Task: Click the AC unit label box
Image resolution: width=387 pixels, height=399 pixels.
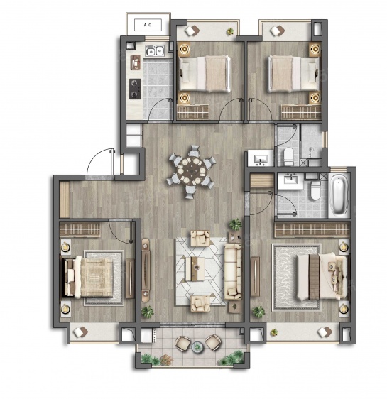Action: click(x=148, y=25)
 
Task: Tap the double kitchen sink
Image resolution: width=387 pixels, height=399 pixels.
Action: click(x=155, y=51)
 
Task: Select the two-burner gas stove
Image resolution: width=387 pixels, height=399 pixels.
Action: click(x=135, y=89)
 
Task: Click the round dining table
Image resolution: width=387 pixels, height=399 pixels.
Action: click(x=192, y=170)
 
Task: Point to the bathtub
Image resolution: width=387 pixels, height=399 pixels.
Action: click(x=339, y=195)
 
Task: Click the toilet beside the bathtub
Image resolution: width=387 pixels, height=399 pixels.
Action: click(x=315, y=190)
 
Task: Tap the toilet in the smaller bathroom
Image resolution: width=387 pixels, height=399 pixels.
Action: click(x=288, y=156)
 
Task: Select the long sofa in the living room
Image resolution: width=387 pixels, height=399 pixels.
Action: click(x=233, y=271)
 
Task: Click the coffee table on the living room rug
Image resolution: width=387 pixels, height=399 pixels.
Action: click(x=195, y=269)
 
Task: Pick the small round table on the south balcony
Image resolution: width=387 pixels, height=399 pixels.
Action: click(x=197, y=347)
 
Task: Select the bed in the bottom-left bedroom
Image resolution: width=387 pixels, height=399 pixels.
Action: click(x=88, y=277)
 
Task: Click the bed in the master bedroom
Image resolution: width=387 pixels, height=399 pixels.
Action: click(x=322, y=277)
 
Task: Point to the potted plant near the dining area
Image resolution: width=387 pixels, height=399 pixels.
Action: click(x=235, y=224)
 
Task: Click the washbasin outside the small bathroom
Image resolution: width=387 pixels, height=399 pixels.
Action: click(x=261, y=158)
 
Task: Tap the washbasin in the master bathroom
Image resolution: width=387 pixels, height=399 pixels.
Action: click(x=290, y=181)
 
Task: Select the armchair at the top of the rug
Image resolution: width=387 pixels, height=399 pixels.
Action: click(x=200, y=239)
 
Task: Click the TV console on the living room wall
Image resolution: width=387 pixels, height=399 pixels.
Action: click(x=146, y=270)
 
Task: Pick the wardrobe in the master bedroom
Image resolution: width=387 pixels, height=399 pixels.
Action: click(x=312, y=229)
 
